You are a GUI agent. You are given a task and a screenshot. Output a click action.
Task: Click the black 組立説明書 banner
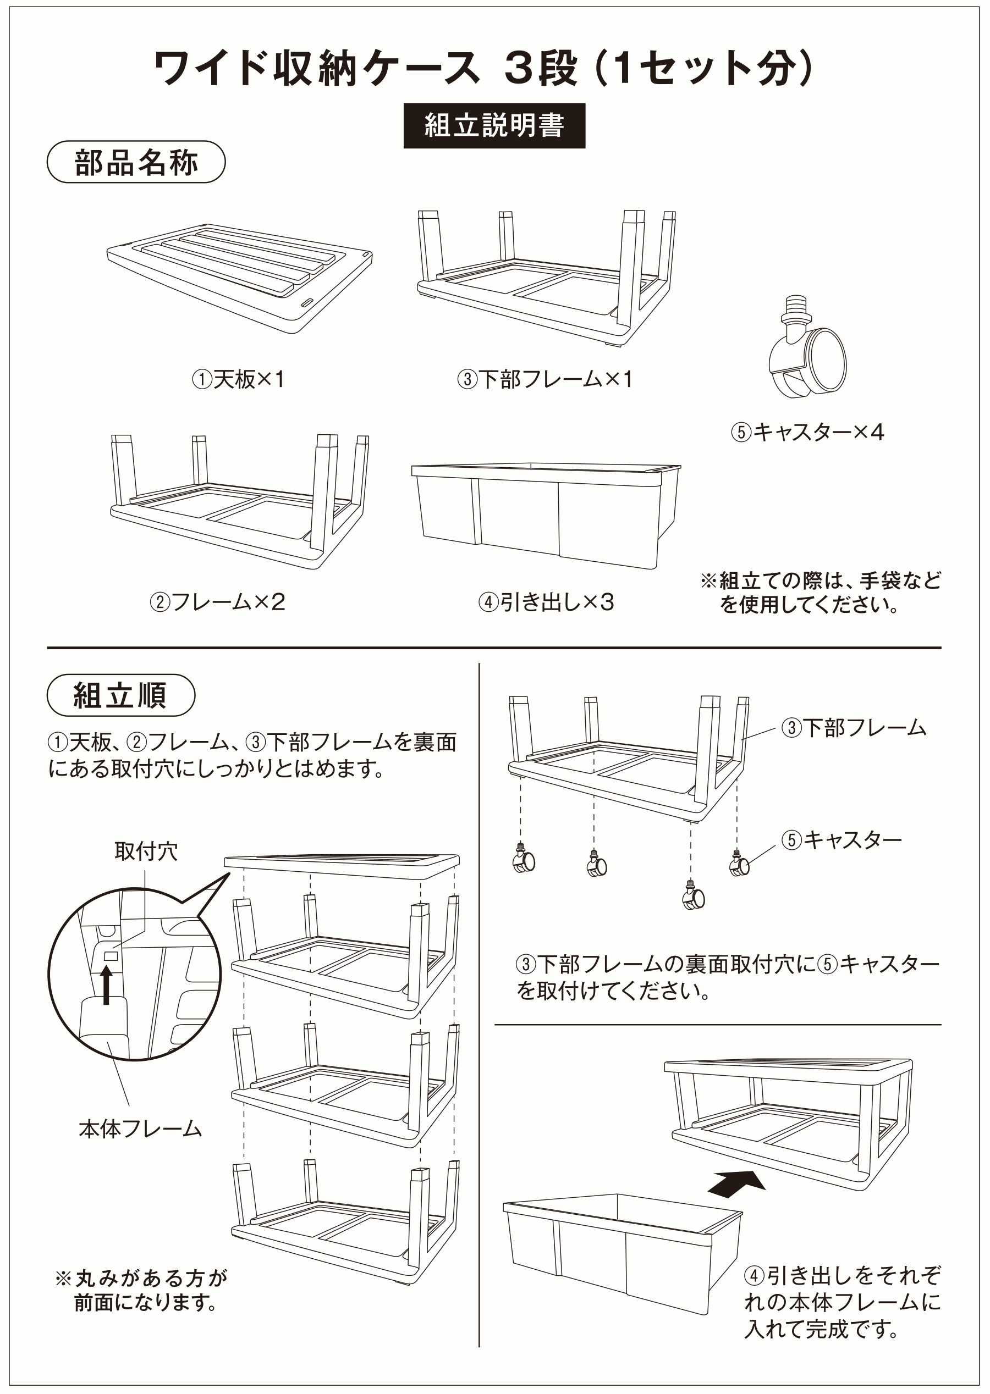pyautogui.click(x=494, y=125)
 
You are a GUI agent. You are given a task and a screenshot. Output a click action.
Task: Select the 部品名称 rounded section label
pyautogui.click(x=136, y=162)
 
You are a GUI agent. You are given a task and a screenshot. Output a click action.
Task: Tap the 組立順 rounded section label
pyautogui.click(x=120, y=695)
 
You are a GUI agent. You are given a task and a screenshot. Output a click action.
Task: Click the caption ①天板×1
pyautogui.click(x=239, y=380)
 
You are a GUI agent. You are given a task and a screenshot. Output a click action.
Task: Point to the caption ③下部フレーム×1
pyautogui.click(x=545, y=380)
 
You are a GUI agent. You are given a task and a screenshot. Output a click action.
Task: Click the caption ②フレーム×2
pyautogui.click(x=218, y=602)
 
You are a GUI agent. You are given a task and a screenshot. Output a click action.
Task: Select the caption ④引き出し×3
pyautogui.click(x=546, y=602)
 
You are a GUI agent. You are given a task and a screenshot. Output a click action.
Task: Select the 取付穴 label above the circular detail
pyautogui.click(x=146, y=851)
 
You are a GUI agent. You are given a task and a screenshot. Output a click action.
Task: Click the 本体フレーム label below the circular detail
pyautogui.click(x=140, y=1129)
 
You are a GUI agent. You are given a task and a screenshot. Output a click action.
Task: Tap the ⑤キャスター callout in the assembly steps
pyautogui.click(x=842, y=840)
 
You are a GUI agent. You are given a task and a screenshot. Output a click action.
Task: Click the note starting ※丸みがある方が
pyautogui.click(x=141, y=1290)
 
